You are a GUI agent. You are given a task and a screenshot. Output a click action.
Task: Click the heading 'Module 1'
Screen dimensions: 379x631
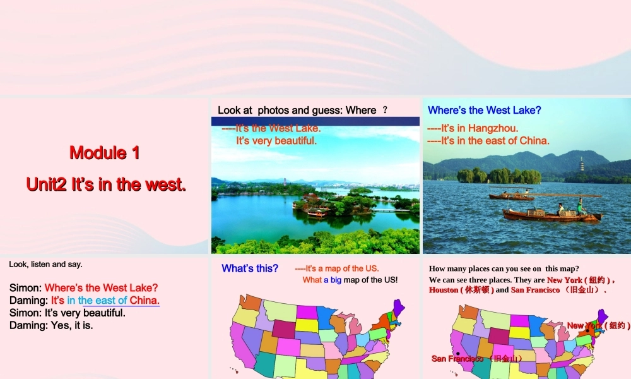105,152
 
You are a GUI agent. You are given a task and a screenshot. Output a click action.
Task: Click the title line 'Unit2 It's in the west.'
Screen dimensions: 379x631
106,184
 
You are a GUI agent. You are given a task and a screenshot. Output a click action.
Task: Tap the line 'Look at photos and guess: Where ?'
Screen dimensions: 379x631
302,110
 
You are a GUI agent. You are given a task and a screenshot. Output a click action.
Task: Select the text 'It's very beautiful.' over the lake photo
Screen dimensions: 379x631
276,141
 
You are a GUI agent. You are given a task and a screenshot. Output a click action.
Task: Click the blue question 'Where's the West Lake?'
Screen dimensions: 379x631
484,110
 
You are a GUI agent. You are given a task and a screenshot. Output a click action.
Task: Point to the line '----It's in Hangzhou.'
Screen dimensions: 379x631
473,128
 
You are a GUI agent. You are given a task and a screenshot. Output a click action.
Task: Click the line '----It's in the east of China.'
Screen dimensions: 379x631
488,141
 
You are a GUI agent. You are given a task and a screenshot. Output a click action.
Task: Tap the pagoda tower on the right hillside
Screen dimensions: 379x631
581,164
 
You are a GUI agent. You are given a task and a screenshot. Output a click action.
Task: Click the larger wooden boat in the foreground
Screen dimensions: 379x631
551,215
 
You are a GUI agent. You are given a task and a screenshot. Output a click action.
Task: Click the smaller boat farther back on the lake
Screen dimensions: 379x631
510,196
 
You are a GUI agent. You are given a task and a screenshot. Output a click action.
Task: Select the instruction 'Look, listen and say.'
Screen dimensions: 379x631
45,264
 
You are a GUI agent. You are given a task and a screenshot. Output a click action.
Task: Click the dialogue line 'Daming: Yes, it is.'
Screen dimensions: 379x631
51,325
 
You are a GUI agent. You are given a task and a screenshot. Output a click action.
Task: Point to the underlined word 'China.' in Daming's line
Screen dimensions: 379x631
144,300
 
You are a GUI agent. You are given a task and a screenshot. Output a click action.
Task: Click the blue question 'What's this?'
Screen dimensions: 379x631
250,268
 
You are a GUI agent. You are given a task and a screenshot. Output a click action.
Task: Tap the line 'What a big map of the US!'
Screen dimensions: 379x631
350,280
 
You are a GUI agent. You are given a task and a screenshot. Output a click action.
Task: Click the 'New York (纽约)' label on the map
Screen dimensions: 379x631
598,325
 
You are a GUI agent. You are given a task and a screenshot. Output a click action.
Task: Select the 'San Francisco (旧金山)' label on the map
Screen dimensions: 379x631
477,359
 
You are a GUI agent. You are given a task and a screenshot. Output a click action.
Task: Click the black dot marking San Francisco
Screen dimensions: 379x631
457,353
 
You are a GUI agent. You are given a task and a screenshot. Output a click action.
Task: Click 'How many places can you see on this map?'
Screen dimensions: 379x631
504,268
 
